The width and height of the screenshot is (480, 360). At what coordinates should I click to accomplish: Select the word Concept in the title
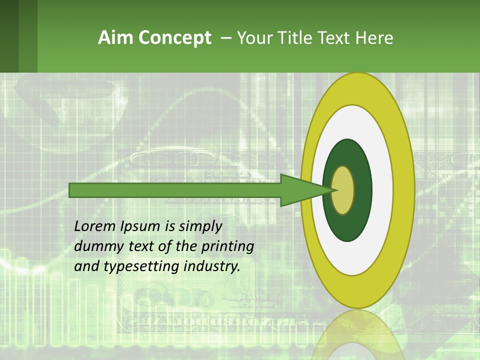pos(174,38)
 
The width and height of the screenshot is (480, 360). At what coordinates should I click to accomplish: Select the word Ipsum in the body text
pos(140,227)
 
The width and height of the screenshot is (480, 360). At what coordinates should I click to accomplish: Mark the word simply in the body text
pos(193,227)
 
